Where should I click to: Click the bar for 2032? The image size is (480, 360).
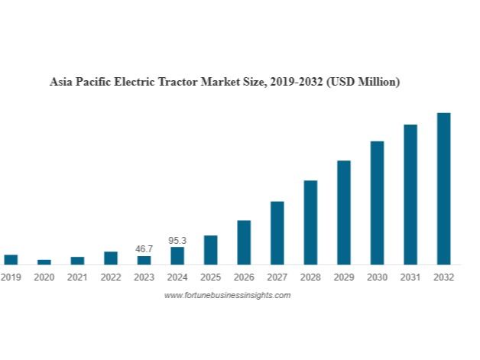coord(443,189)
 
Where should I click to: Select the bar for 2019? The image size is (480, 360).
coord(11,259)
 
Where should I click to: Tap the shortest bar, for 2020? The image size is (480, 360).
coord(44,261)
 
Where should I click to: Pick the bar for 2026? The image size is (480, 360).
coord(244,242)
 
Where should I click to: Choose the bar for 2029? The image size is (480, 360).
coord(344,212)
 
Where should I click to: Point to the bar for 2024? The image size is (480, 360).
coord(177,255)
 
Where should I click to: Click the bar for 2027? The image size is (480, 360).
coord(277,233)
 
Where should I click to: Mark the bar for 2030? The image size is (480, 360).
coord(377,203)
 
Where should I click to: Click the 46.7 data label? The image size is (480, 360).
coord(144,249)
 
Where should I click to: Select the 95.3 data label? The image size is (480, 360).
coord(177,240)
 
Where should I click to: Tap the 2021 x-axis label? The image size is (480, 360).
coord(77,277)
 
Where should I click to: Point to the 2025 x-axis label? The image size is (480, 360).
coord(210,277)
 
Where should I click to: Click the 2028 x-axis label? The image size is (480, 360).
coord(310,277)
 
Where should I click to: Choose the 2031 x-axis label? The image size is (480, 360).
coord(410,277)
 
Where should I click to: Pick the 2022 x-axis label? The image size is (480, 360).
coord(111,277)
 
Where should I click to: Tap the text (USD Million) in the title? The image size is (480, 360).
coord(362,81)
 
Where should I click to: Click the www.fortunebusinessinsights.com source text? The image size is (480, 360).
coord(227,295)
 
